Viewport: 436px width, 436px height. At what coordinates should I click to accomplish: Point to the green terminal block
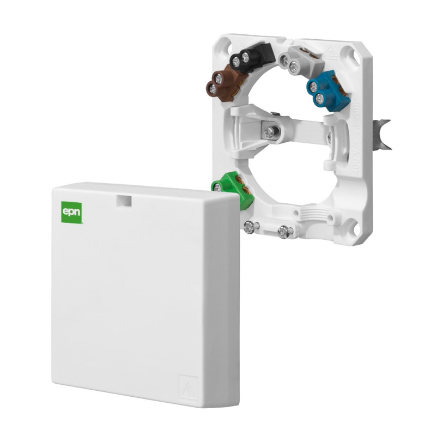[235, 188]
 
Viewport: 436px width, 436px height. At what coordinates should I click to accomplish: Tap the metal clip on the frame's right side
[384, 134]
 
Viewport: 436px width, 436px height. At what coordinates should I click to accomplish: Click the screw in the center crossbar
[269, 131]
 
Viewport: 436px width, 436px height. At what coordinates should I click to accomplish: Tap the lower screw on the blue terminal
[320, 99]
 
